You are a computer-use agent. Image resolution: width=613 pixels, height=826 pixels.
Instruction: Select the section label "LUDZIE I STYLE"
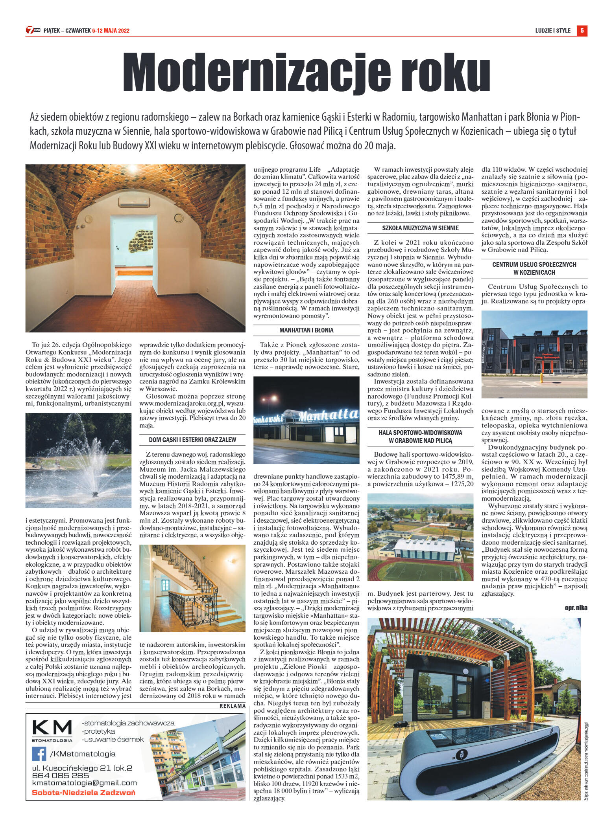coord(553,31)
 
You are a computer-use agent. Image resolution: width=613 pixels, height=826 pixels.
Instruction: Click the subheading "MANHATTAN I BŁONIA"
coord(306,330)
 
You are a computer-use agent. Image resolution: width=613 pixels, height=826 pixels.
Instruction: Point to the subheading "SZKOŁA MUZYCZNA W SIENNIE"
coord(420,228)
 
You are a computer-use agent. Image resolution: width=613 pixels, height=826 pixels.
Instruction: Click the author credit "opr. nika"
coord(576,608)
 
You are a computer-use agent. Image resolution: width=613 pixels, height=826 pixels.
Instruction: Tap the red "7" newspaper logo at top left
coord(30,30)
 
